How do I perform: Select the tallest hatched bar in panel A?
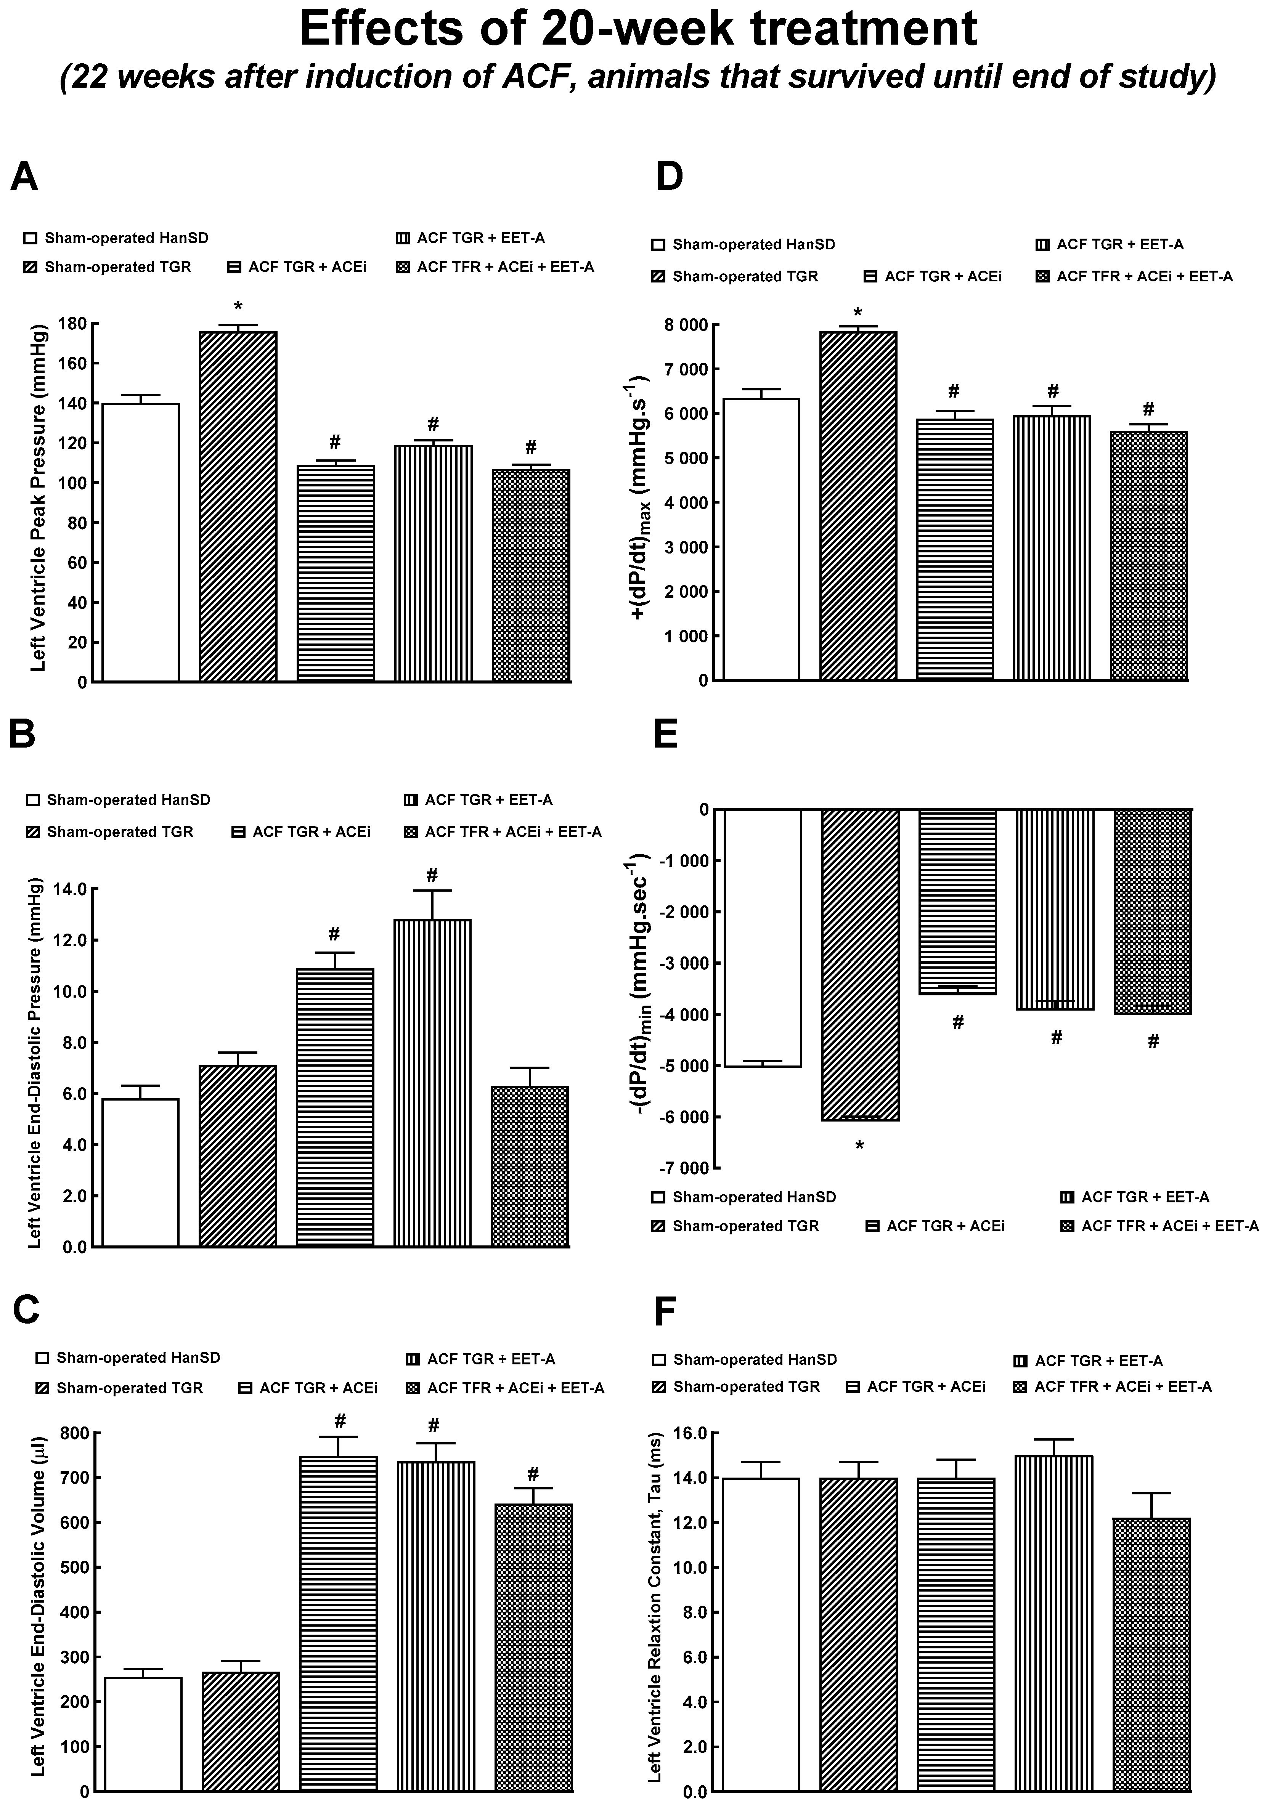pyautogui.click(x=238, y=504)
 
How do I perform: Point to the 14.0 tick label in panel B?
pyautogui.click(x=69, y=889)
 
